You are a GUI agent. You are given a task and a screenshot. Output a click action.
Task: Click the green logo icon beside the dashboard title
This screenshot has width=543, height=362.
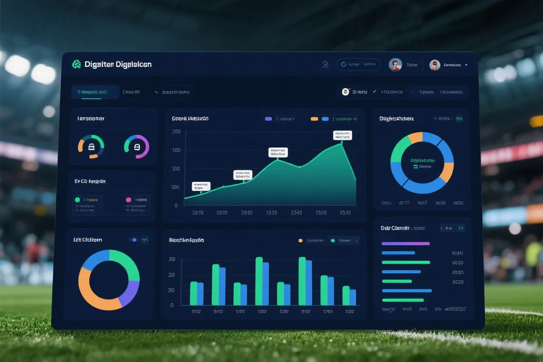point(76,64)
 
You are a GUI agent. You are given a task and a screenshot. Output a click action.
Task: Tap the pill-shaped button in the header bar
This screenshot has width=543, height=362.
point(358,65)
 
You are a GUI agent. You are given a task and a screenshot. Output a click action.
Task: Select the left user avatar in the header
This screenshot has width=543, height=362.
point(395,65)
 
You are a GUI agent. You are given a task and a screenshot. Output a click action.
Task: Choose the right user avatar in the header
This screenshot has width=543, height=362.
point(435,65)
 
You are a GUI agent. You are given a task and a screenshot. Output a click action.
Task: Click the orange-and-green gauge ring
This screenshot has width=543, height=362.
point(91,147)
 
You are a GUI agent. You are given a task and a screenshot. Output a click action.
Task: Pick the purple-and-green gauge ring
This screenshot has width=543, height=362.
point(137,147)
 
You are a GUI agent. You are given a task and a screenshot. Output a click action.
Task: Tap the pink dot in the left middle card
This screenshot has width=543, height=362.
point(129,200)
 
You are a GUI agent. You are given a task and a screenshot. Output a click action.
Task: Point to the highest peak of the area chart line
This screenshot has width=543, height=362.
point(341,143)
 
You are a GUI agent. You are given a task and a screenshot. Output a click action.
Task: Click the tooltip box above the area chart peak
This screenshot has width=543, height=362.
point(342,135)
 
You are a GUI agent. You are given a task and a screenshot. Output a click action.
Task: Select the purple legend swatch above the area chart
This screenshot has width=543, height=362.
point(268,119)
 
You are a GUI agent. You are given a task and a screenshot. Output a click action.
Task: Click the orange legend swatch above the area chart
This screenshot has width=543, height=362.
point(314,119)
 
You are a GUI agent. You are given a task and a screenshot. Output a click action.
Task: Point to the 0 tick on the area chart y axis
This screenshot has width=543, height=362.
point(176,205)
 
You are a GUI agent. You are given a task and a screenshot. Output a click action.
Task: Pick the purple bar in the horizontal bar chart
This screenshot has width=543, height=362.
point(405,243)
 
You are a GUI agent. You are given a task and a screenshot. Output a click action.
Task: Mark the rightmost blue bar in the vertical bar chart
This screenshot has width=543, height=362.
point(353,297)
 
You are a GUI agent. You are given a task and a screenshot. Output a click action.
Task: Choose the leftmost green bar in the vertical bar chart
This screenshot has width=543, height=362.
point(194,293)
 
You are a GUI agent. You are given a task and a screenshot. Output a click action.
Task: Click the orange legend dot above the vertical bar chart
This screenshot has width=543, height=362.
point(300,241)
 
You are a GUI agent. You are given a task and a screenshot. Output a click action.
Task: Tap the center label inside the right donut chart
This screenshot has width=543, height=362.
point(422,162)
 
